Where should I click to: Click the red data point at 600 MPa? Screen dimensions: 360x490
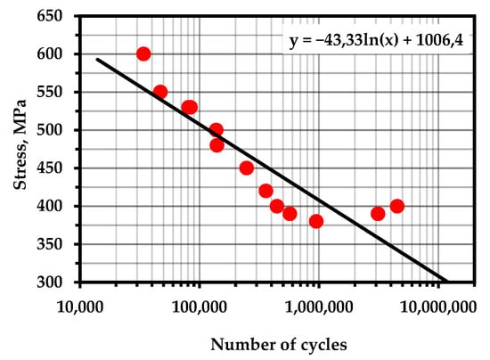pyautogui.click(x=143, y=54)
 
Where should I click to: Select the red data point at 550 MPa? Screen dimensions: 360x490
pyautogui.click(x=160, y=92)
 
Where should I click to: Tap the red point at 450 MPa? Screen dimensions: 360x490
pyautogui.click(x=247, y=168)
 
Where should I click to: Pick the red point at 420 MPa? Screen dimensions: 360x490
pyautogui.click(x=265, y=191)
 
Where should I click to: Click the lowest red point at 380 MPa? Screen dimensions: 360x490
pyautogui.click(x=316, y=221)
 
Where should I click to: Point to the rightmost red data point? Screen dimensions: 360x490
pyautogui.click(x=397, y=206)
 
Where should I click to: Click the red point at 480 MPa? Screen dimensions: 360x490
pyautogui.click(x=216, y=145)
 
